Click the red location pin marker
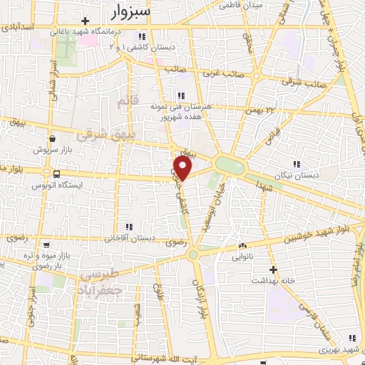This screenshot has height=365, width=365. pyautogui.click(x=183, y=168)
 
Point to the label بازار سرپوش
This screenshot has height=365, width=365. pyautogui.click(x=50, y=150)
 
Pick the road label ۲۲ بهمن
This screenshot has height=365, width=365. pyautogui.click(x=279, y=110)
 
